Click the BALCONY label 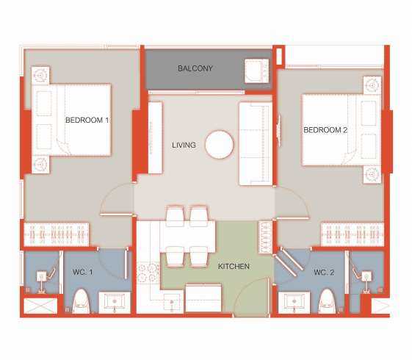tap(195, 68)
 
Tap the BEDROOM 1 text tap(87, 120)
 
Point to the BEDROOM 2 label tap(325, 130)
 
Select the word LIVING tap(184, 145)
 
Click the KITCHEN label tap(234, 267)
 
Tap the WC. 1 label tap(82, 272)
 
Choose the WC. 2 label tap(324, 273)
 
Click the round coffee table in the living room tap(219, 145)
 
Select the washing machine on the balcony tap(257, 71)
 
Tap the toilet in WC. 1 tap(82, 301)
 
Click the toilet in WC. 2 tap(328, 301)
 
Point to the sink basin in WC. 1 tap(115, 302)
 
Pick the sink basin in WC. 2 tap(294, 302)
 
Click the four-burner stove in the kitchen tap(148, 273)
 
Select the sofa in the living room tap(256, 144)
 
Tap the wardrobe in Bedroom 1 tap(57, 234)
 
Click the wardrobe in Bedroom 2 tap(353, 234)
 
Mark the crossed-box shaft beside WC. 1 tap(40, 306)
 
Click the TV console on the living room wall tap(155, 137)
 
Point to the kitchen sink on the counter tap(172, 302)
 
